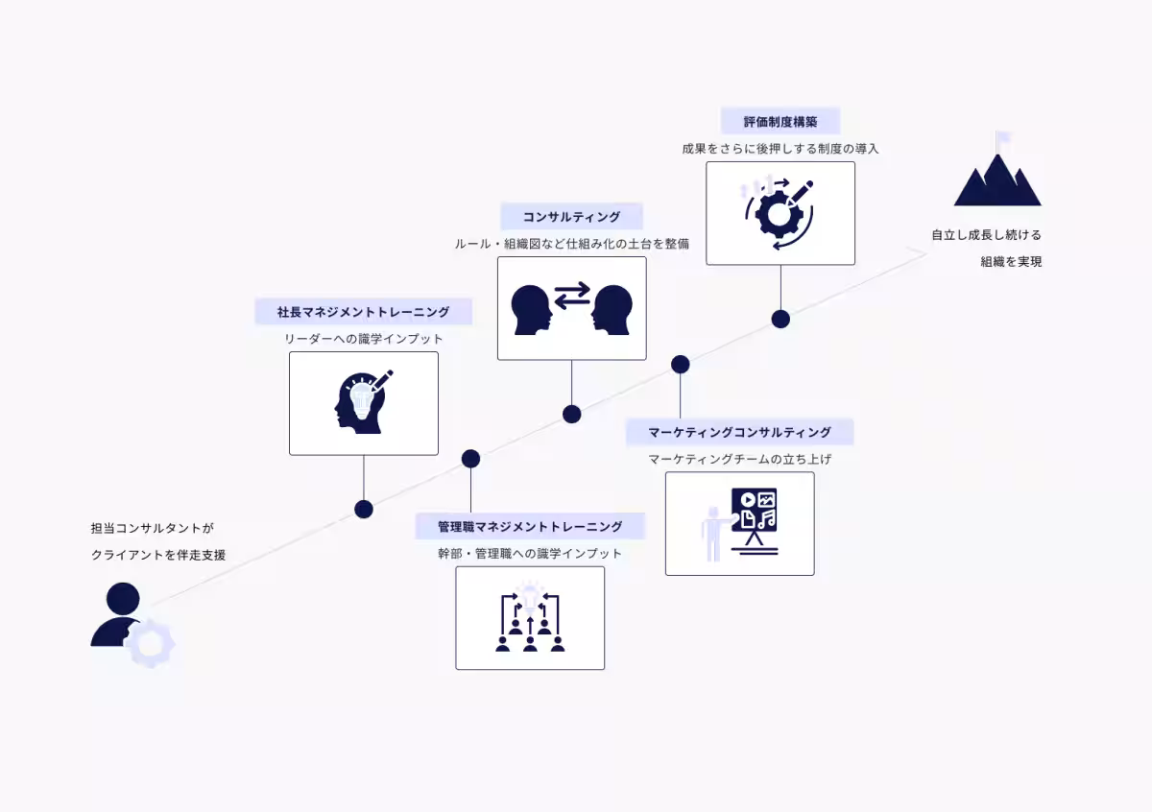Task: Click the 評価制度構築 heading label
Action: (780, 122)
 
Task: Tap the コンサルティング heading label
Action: (571, 217)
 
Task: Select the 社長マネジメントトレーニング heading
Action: (363, 312)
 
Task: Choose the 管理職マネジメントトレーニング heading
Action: (530, 527)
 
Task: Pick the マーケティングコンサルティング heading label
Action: (739, 432)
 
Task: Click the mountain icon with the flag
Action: (997, 169)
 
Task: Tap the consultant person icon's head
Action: (123, 599)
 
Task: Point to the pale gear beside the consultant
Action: (150, 644)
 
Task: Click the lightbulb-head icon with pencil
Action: (363, 402)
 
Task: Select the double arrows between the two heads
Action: (572, 296)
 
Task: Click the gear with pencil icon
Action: (780, 212)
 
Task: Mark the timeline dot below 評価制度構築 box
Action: (780, 320)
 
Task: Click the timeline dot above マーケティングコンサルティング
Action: (680, 364)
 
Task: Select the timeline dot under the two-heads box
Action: (571, 414)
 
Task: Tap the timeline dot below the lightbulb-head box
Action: (364, 509)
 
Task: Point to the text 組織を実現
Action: (1011, 262)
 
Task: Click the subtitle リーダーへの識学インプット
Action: (363, 339)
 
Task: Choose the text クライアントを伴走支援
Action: (158, 555)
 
